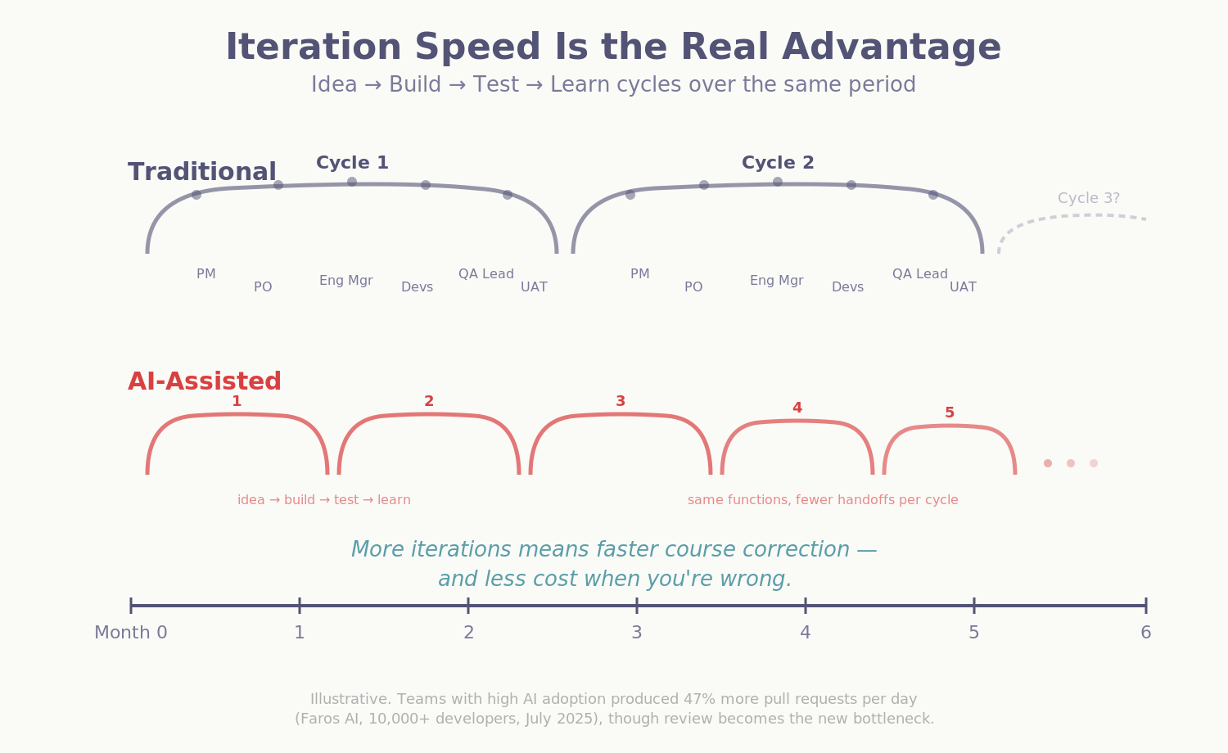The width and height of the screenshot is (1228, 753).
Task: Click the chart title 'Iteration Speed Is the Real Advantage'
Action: pyautogui.click(x=613, y=47)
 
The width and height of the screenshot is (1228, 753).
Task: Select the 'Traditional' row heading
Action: pyautogui.click(x=201, y=173)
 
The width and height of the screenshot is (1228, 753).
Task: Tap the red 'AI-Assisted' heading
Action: pyautogui.click(x=205, y=382)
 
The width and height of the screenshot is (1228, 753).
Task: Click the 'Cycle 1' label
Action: pyautogui.click(x=352, y=164)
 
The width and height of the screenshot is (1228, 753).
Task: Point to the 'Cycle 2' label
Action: pyautogui.click(x=778, y=164)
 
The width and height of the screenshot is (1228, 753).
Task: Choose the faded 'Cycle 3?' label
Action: pyautogui.click(x=1088, y=199)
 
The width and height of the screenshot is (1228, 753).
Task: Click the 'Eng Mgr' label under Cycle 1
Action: pyautogui.click(x=345, y=281)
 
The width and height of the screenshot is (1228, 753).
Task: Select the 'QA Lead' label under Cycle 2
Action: pyautogui.click(x=919, y=274)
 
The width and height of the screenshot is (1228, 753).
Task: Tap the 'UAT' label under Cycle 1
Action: pyautogui.click(x=534, y=287)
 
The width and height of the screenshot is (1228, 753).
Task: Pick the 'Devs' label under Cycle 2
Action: pyautogui.click(x=847, y=287)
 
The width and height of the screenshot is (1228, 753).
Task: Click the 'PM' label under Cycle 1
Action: pyautogui.click(x=206, y=274)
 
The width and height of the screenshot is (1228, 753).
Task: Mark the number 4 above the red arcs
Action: pyautogui.click(x=797, y=408)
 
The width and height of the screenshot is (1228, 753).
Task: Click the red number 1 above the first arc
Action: pyautogui.click(x=237, y=401)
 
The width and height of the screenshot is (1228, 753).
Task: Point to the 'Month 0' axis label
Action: pyautogui.click(x=131, y=633)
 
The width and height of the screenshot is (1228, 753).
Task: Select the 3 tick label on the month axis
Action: pyautogui.click(x=636, y=633)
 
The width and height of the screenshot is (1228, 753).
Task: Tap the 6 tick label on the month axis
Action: pyautogui.click(x=1145, y=633)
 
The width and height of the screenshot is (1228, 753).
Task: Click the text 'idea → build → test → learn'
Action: pyautogui.click(x=324, y=500)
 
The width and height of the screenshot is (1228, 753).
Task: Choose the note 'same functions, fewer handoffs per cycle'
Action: pyautogui.click(x=823, y=500)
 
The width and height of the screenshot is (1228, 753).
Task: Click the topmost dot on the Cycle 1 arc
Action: pyautogui.click(x=352, y=182)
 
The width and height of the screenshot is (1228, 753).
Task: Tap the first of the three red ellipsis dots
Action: pyautogui.click(x=1048, y=463)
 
